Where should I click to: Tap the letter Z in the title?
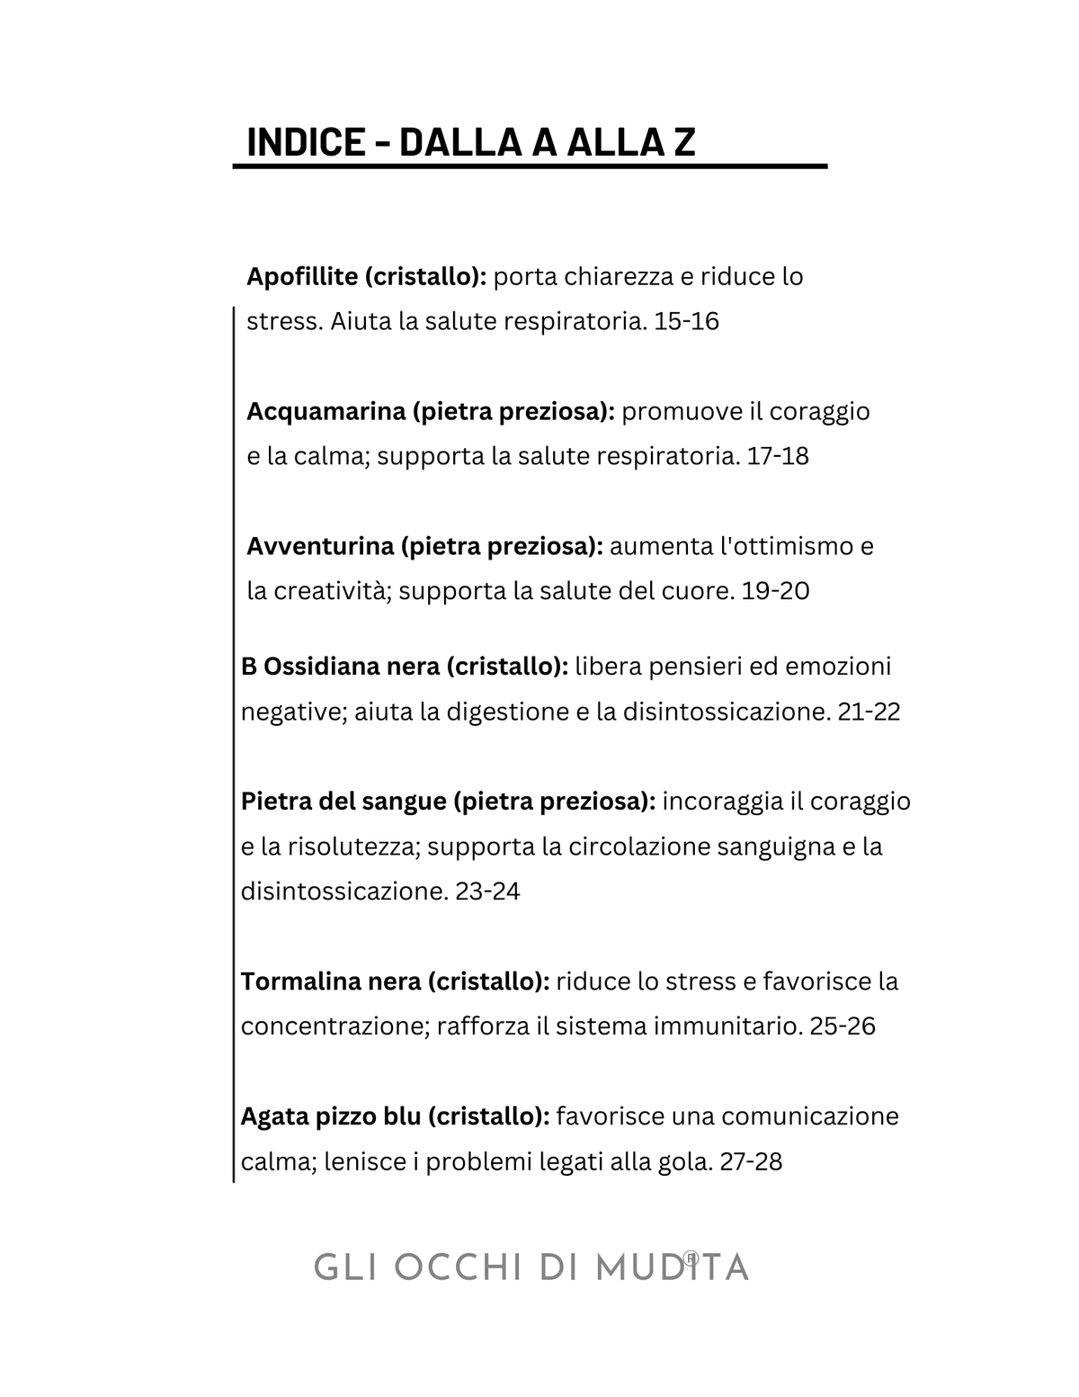tap(684, 142)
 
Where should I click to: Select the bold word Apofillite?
tap(302, 276)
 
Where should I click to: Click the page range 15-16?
tap(687, 321)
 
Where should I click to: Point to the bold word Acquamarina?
tap(326, 411)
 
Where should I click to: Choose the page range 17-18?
tap(778, 456)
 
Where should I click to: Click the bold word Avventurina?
tap(320, 546)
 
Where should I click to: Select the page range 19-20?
tap(776, 591)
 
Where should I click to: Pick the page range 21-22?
tap(869, 712)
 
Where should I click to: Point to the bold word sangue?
tap(403, 801)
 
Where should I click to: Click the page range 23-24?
tap(488, 891)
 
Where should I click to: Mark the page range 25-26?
tap(843, 1026)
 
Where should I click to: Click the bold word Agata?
tap(274, 1116)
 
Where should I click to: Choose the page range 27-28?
tap(752, 1161)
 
